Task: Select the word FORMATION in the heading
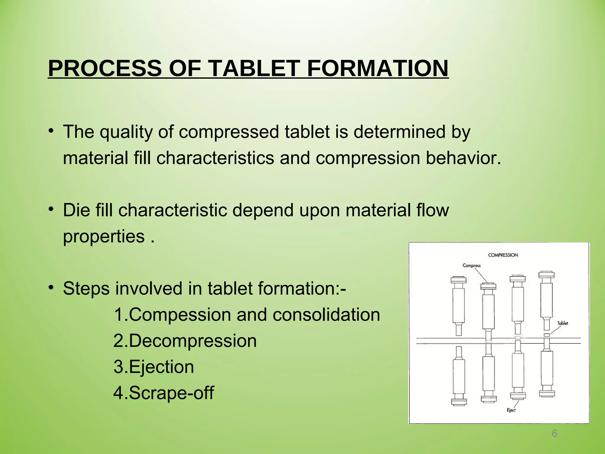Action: tap(378, 68)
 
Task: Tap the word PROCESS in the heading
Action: tap(105, 68)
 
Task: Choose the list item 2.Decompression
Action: tap(185, 341)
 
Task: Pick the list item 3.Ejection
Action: tap(154, 367)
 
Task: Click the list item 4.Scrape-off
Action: tap(164, 393)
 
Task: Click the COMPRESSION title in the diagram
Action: tap(503, 255)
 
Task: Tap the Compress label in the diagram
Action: tap(471, 265)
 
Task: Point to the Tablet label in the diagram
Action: tap(562, 323)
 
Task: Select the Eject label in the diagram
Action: tap(511, 410)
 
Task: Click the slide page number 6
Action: tap(554, 434)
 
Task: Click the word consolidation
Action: tap(326, 315)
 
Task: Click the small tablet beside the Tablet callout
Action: tap(547, 335)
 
